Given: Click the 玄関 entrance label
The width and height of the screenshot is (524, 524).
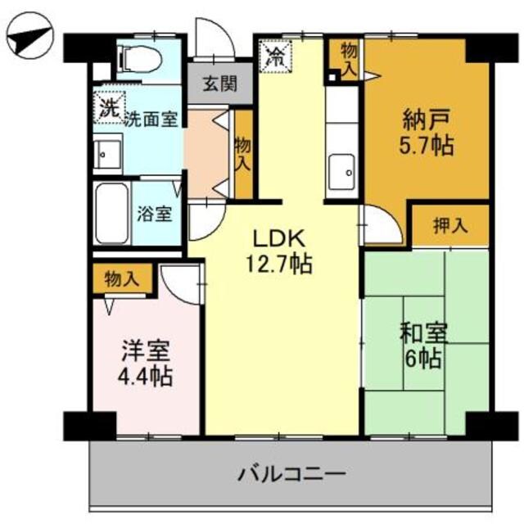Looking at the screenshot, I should pyautogui.click(x=216, y=84).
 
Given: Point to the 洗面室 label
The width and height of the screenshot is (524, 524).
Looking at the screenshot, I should pyautogui.click(x=151, y=119).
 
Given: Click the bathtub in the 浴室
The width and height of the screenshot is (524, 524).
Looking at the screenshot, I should pyautogui.click(x=111, y=213).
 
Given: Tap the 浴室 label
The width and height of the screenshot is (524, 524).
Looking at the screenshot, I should pyautogui.click(x=154, y=215).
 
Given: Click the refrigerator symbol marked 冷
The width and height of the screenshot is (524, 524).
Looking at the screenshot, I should pyautogui.click(x=275, y=58).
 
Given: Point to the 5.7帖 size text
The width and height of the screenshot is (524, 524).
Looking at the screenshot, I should pyautogui.click(x=427, y=147).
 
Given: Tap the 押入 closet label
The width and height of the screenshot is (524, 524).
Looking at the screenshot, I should pyautogui.click(x=450, y=225).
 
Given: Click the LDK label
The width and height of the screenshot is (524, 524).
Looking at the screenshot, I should pyautogui.click(x=278, y=239).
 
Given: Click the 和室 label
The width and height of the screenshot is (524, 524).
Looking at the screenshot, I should pyautogui.click(x=423, y=334).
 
